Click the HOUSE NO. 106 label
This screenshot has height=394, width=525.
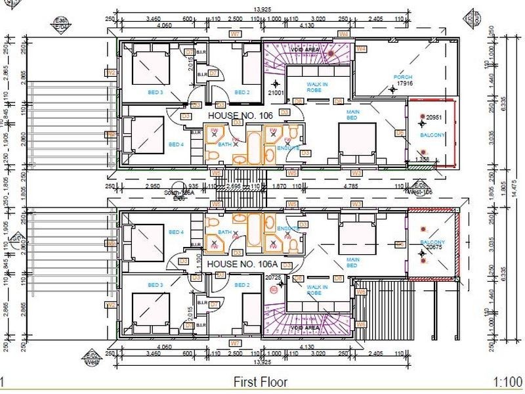[x=239, y=115]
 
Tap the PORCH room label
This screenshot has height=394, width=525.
[x=402, y=77]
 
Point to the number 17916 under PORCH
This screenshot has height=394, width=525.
[x=403, y=84]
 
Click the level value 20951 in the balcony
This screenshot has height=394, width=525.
[x=435, y=117]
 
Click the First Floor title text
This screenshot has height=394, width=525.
[x=261, y=382]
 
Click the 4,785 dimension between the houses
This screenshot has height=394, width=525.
[x=348, y=186]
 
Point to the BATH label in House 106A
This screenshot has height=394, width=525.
[x=223, y=232]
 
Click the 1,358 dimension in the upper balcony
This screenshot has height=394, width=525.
[x=422, y=159]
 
